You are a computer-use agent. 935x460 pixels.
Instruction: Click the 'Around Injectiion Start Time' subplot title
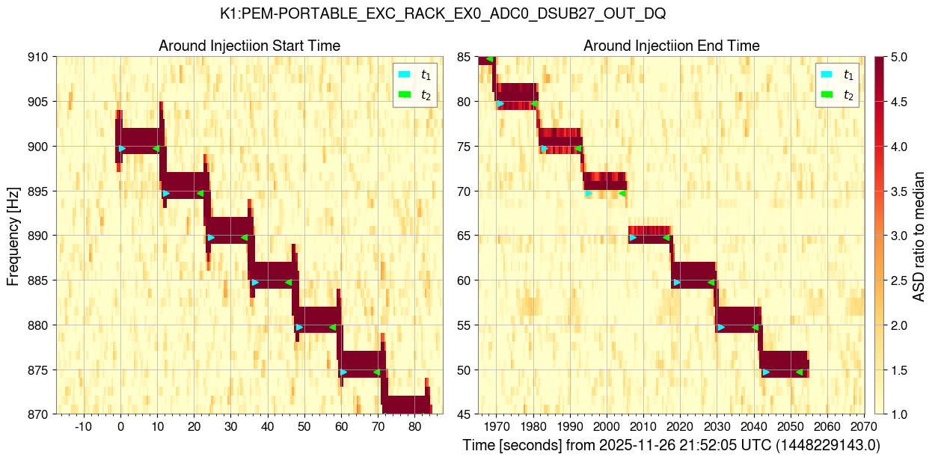(249, 46)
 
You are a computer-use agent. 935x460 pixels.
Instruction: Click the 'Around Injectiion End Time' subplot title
(671, 46)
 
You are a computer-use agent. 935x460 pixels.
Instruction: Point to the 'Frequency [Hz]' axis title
(13, 236)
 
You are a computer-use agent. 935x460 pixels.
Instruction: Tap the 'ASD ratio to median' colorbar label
(920, 236)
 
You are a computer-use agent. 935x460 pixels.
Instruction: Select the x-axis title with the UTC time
(671, 445)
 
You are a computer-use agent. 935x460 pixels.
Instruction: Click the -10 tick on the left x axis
(83, 426)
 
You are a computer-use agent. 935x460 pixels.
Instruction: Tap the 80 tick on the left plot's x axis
(414, 426)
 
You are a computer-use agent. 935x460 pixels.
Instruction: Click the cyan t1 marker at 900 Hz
(122, 148)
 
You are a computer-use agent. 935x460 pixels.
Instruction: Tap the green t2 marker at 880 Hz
(333, 327)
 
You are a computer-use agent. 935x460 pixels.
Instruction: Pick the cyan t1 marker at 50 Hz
(765, 372)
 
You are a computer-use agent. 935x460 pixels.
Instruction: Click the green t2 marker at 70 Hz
(622, 193)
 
